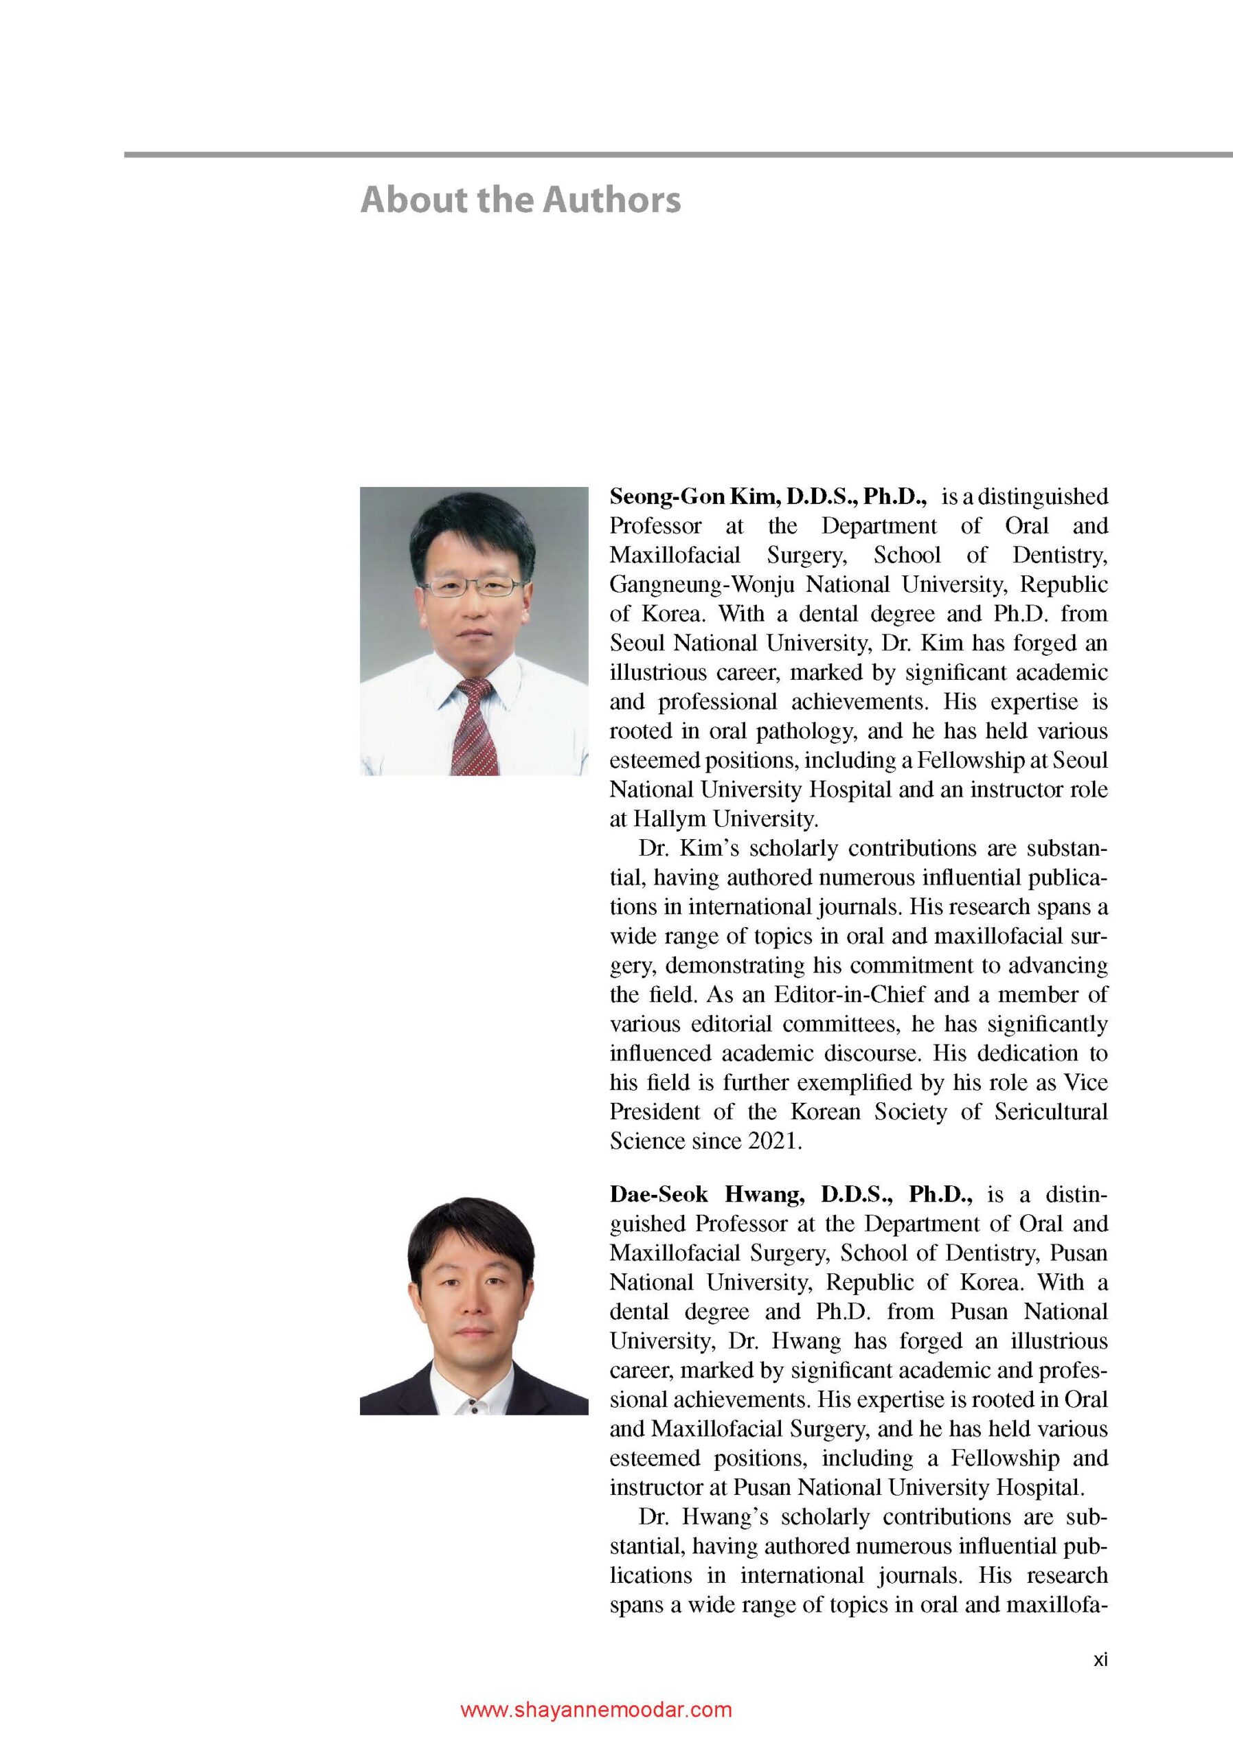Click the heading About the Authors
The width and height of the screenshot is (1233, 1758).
(x=520, y=200)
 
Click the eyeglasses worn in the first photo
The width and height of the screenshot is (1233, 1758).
(x=473, y=587)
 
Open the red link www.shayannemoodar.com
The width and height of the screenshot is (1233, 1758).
(x=596, y=1710)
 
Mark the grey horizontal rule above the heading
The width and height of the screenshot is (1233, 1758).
(x=678, y=155)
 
